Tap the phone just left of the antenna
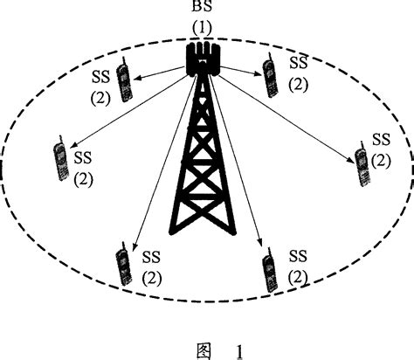tap(128, 81)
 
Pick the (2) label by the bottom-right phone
tap(297, 276)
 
